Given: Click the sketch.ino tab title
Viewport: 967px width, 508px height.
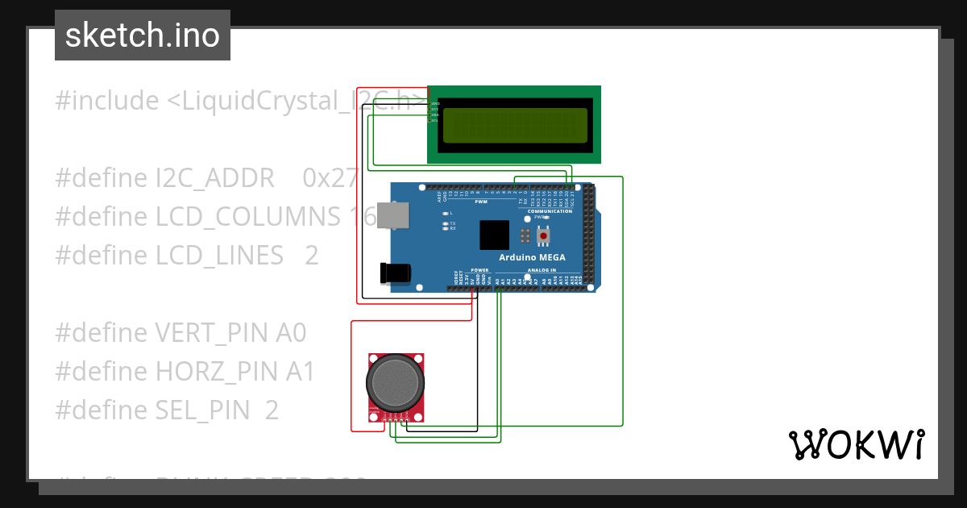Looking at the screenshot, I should click(x=142, y=35).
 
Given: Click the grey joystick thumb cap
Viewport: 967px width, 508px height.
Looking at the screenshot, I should click(x=394, y=382).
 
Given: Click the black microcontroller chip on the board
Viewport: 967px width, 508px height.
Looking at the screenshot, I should click(x=495, y=235).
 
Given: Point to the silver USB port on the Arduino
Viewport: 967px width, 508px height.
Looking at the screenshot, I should click(x=394, y=216).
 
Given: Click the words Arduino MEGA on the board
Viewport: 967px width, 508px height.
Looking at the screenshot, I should click(x=532, y=258).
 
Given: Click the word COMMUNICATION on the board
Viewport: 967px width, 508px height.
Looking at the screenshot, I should click(x=550, y=211).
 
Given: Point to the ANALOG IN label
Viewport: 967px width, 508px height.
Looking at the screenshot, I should click(x=542, y=270).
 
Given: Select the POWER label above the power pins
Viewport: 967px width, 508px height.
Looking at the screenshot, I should click(x=479, y=270).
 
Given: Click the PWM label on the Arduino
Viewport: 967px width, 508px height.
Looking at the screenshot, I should click(x=480, y=202).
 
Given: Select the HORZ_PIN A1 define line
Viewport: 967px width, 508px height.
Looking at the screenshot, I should click(x=185, y=372).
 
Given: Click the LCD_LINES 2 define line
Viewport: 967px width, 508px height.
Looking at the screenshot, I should click(x=186, y=256).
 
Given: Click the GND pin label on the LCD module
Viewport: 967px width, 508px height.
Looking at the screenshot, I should click(x=435, y=103).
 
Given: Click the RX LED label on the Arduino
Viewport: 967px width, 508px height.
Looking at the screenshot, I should click(x=452, y=229).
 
